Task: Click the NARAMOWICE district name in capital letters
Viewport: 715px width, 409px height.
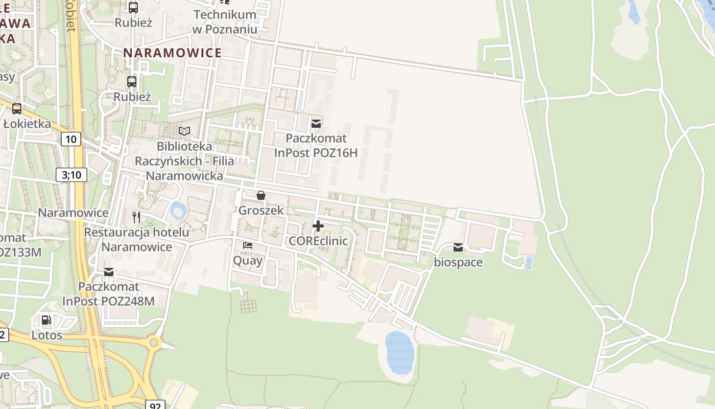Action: [x=173, y=53]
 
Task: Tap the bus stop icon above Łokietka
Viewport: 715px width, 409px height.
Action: [x=17, y=108]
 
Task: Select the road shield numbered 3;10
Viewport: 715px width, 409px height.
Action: [x=71, y=175]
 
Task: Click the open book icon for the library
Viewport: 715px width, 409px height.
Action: [x=184, y=131]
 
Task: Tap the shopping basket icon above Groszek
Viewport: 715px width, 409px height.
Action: [x=261, y=195]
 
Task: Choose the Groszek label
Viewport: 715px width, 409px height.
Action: [x=261, y=210]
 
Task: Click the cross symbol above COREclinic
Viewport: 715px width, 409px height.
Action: [x=318, y=225]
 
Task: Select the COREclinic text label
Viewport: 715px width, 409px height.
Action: [x=318, y=241]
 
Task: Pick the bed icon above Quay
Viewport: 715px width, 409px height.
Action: [x=248, y=245]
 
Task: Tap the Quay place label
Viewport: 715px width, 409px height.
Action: [x=248, y=260]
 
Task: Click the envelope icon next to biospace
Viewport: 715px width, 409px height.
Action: [x=458, y=247]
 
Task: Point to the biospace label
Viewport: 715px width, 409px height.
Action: [x=458, y=263]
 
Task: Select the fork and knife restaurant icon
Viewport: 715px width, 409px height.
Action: [x=136, y=217]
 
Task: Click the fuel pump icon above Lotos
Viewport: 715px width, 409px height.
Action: [x=46, y=321]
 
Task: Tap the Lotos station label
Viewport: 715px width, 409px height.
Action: [x=47, y=335]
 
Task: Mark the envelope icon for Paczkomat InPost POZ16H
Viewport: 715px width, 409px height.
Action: [x=316, y=123]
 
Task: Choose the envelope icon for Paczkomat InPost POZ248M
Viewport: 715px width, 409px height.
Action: [x=109, y=272]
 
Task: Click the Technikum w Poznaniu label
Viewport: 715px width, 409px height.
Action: [x=225, y=21]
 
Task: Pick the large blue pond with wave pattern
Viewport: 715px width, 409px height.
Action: [x=399, y=353]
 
